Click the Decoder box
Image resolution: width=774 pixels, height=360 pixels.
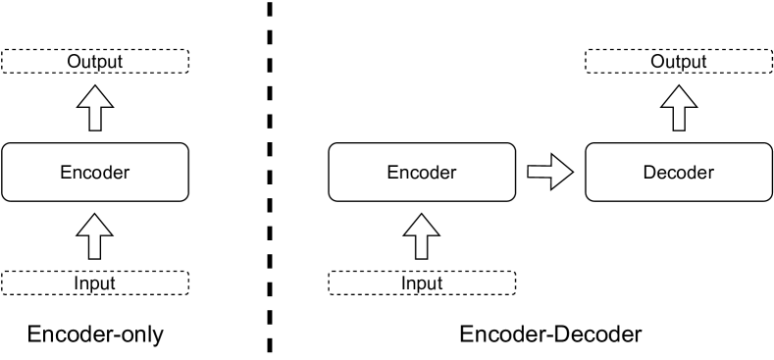678,173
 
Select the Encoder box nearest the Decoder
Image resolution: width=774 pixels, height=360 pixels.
421,173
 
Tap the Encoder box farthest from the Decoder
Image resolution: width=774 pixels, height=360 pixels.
94,173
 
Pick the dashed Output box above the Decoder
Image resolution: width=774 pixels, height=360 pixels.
678,62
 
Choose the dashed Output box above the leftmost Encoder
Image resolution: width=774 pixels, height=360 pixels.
94,62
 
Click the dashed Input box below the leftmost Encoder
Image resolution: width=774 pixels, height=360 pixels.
94,283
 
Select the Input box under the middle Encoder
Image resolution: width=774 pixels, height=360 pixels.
421,283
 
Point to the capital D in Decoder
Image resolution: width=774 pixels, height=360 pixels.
649,174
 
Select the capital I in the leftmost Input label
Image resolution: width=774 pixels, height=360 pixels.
77,283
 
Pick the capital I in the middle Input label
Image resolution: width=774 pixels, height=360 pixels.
403,283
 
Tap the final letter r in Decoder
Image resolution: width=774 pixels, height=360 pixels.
710,174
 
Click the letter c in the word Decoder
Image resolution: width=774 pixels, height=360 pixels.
673,174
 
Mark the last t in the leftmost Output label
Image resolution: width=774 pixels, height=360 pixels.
119,62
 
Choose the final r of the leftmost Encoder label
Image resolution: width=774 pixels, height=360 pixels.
127,174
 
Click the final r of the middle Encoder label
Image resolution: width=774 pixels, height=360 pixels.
453,174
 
